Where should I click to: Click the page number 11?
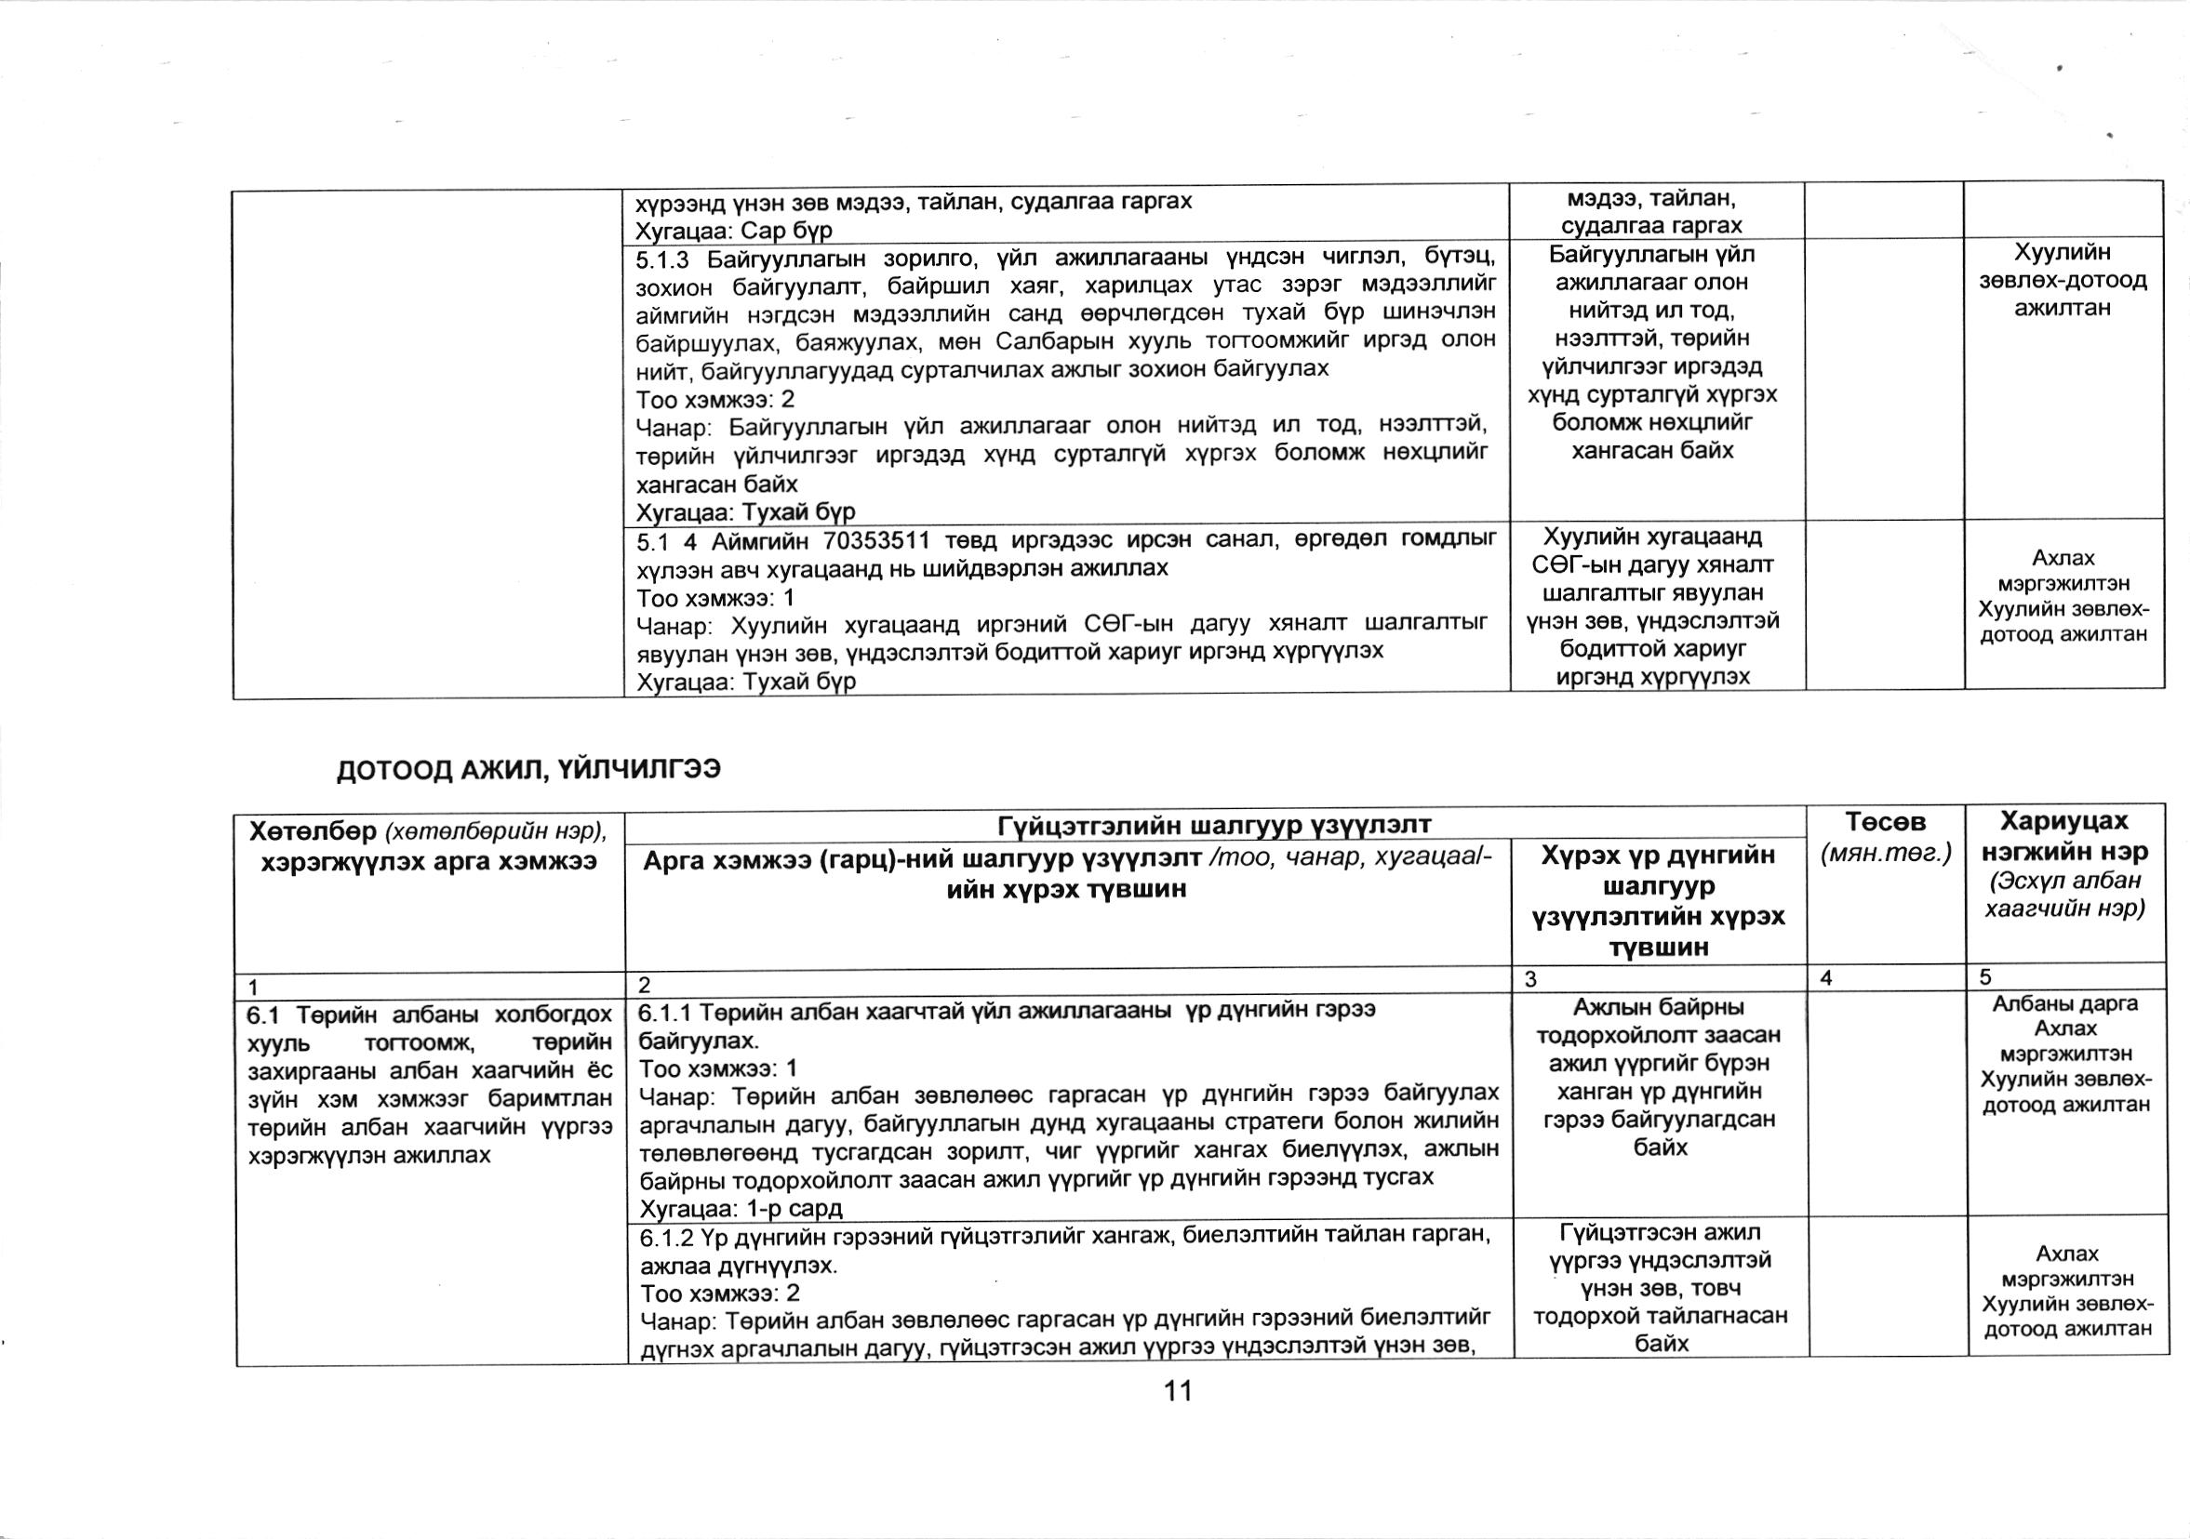(1179, 1391)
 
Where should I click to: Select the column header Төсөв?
(1885, 822)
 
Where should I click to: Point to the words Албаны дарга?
(2065, 1004)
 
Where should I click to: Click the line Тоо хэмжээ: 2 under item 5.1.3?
(715, 399)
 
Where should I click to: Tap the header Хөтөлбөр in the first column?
(311, 832)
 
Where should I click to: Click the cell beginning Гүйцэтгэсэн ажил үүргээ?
(1660, 1287)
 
